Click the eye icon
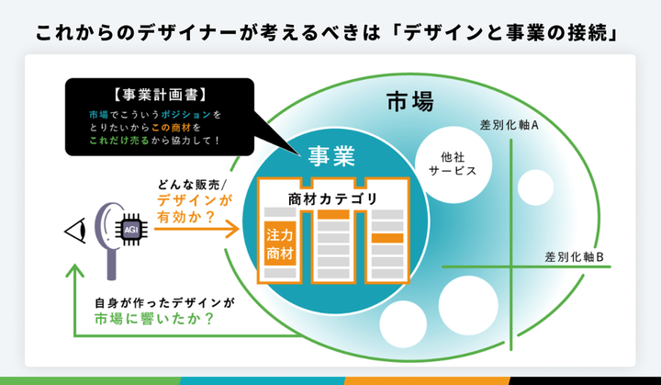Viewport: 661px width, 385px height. pos(76,231)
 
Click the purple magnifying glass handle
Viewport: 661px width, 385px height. pos(111,263)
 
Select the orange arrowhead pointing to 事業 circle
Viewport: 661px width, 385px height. pos(231,229)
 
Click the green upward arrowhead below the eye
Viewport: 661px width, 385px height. pos(75,271)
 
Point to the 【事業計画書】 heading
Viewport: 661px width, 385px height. pos(160,95)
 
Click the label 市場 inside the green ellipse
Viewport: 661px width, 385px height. pos(409,102)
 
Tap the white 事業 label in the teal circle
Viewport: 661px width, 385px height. pos(331,156)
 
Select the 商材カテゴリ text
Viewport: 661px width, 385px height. pos(333,198)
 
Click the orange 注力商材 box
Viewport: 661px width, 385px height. pos(280,244)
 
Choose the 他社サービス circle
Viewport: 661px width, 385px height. pos(454,164)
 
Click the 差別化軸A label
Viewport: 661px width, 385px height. pos(510,125)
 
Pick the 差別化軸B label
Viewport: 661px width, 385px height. pos(574,256)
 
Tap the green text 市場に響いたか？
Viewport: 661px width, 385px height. pos(154,319)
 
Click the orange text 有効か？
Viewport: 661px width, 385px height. pos(185,217)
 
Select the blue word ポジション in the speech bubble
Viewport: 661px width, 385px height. pos(185,115)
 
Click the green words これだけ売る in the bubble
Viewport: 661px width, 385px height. pos(119,141)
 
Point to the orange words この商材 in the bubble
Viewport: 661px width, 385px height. pos(172,127)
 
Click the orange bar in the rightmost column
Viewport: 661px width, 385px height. pos(387,238)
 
